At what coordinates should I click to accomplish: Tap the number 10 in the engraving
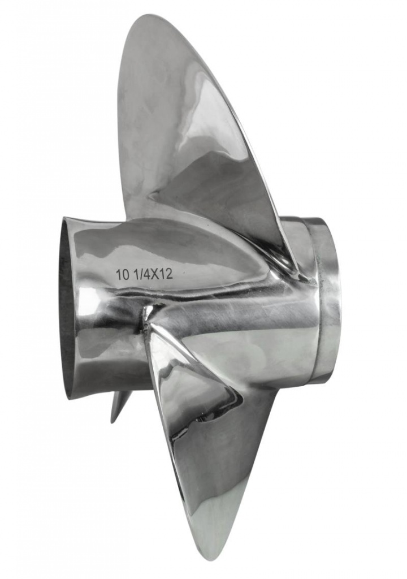pos(121,275)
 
